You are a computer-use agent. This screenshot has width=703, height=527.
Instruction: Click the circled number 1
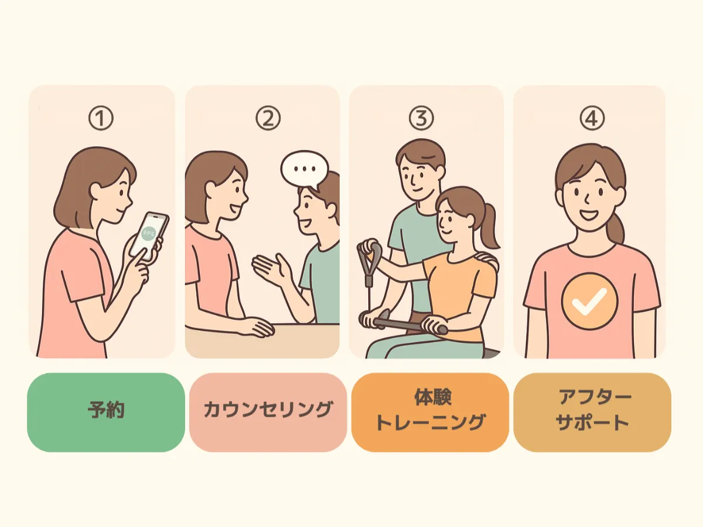click(x=100, y=119)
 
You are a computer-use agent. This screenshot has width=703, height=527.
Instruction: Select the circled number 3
click(x=422, y=119)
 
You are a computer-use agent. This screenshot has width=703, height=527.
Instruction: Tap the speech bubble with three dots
click(x=304, y=168)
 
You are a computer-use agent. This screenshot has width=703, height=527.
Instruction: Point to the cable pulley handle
click(x=370, y=257)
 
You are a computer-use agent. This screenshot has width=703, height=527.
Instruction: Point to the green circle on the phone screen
click(x=149, y=232)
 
